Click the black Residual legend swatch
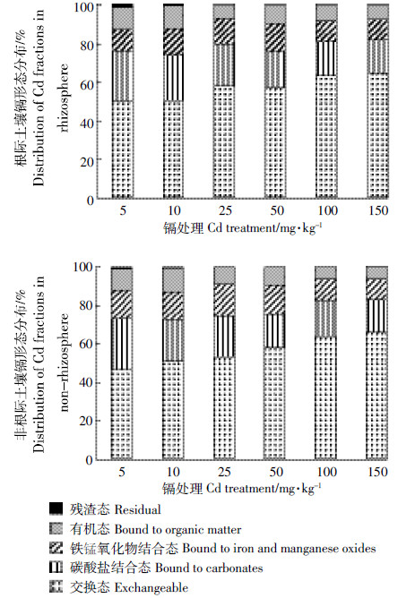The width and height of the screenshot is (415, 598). [56, 508]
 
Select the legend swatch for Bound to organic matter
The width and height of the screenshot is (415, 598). [56, 528]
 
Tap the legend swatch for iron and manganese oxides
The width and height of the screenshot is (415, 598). [56, 548]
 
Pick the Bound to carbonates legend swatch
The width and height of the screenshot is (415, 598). [56, 568]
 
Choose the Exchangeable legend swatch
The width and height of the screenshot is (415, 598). [56, 587]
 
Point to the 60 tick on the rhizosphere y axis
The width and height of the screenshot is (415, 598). [86, 84]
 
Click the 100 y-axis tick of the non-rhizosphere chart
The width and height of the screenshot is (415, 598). [83, 267]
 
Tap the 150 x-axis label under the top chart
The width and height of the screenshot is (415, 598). [378, 210]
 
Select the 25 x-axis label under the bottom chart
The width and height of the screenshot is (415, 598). [224, 472]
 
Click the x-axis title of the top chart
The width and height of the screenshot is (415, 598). [242, 228]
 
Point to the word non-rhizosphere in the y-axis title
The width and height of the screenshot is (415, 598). [65, 363]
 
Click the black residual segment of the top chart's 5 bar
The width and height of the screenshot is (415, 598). [123, 5]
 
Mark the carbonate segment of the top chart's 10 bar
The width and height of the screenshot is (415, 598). [173, 78]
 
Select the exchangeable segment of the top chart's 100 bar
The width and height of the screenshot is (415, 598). [326, 137]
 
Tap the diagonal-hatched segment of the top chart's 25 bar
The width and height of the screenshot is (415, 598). [224, 31]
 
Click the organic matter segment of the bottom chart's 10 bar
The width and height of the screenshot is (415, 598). [173, 281]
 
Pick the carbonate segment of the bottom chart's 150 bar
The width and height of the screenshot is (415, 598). [377, 316]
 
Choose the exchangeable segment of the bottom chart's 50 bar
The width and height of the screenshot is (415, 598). [274, 403]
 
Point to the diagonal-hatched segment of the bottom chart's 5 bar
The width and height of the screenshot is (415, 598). [122, 304]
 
